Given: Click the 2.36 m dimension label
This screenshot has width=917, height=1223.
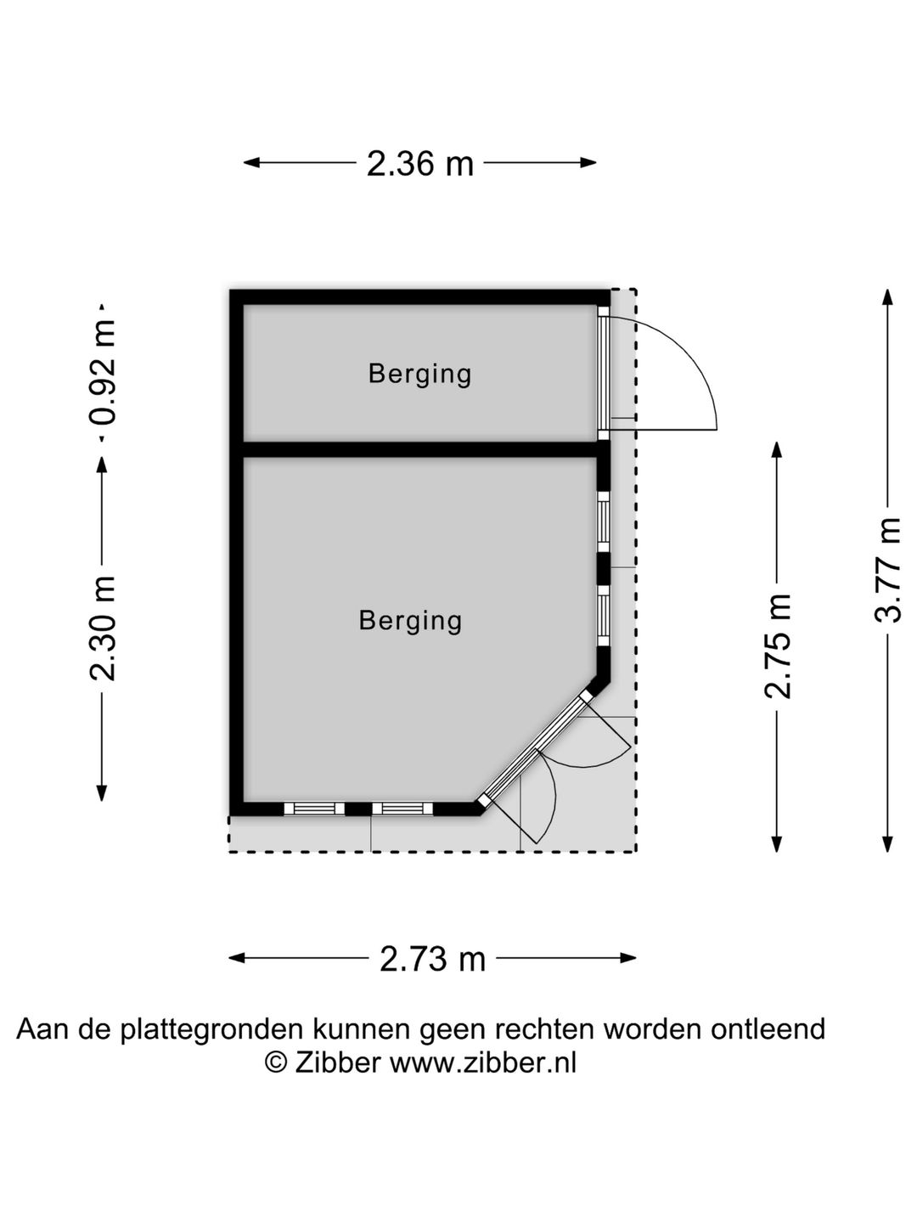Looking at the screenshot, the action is [419, 164].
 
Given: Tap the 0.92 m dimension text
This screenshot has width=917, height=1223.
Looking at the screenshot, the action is [103, 373].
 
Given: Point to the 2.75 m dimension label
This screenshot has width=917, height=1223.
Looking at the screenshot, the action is [777, 645].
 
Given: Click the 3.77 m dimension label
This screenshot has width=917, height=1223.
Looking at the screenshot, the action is [888, 570].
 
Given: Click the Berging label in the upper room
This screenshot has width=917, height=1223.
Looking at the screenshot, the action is [419, 374].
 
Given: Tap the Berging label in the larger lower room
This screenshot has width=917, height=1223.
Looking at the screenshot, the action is [410, 621].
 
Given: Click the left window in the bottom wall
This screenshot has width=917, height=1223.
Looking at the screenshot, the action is [314, 809].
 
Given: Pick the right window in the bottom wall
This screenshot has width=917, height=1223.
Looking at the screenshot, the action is [402, 809].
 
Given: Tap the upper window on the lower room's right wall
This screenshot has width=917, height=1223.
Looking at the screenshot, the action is [604, 522].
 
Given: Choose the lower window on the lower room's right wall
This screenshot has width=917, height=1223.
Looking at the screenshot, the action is [604, 616].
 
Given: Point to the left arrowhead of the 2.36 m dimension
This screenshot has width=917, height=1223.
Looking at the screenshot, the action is [251, 163].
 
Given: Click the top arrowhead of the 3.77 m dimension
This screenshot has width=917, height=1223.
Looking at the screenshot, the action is [888, 297].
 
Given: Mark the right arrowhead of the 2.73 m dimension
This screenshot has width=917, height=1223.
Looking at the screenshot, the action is [628, 958].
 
